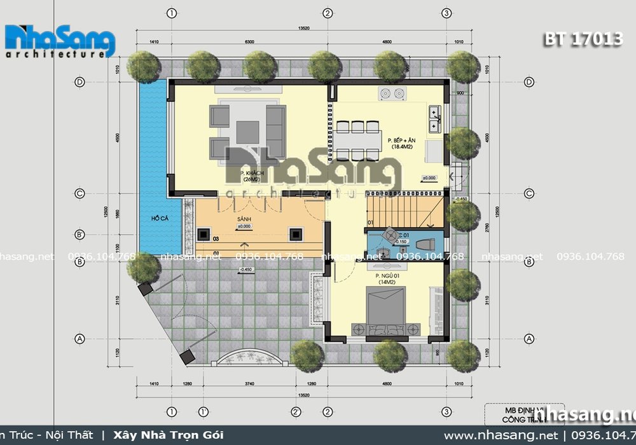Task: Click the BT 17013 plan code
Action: [582, 40]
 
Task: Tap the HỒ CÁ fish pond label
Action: [158, 219]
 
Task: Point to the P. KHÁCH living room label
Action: [252, 173]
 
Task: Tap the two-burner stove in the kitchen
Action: [392, 94]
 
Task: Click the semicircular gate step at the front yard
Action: [249, 359]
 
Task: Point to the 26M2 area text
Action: [252, 179]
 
